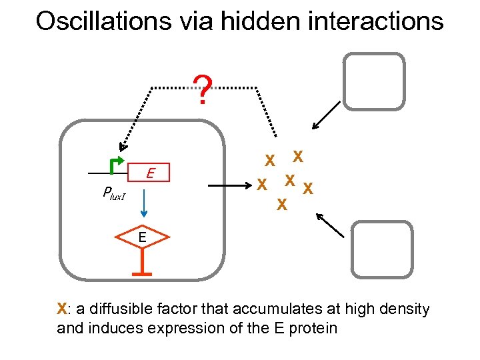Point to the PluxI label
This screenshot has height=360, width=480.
(x=114, y=193)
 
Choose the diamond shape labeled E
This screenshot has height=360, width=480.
(x=142, y=238)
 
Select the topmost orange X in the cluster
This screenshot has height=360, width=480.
(x=299, y=155)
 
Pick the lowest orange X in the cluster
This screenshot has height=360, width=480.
(x=282, y=205)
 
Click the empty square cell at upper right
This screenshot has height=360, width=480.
(x=373, y=81)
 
